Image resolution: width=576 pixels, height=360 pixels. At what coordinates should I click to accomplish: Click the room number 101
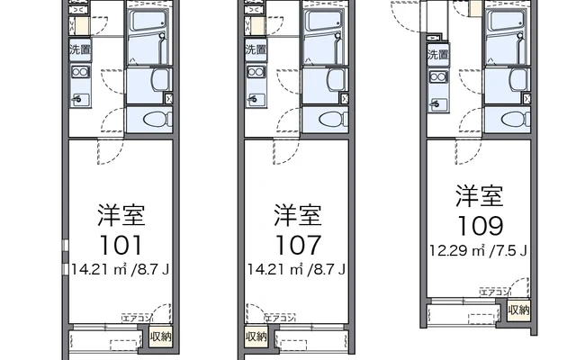[121, 246]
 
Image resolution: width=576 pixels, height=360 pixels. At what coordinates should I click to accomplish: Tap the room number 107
[298, 246]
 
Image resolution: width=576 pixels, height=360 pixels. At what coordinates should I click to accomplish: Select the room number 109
[481, 226]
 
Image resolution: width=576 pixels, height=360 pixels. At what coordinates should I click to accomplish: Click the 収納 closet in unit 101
[160, 337]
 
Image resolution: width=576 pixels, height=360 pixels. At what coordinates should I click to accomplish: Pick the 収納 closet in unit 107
[256, 337]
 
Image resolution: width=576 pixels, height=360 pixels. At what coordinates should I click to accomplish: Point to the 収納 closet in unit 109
[518, 310]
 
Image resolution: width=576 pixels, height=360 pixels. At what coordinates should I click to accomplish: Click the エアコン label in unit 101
[136, 318]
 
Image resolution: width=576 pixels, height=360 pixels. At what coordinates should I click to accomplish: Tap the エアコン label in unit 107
[280, 318]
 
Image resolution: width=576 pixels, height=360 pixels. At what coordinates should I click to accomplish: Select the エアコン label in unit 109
[495, 292]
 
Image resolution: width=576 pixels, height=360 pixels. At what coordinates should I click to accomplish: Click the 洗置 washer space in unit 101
[80, 49]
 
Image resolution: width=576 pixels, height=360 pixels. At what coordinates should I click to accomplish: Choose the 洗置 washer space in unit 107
[256, 49]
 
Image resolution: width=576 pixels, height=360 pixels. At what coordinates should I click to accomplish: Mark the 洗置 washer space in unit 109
[438, 55]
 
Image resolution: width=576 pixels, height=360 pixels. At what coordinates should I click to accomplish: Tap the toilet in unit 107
[334, 120]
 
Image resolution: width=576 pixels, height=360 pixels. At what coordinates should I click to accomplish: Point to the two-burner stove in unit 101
[80, 72]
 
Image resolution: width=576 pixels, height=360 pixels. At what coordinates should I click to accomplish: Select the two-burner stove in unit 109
[438, 77]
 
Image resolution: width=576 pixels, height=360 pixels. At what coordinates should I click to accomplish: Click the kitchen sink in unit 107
[256, 99]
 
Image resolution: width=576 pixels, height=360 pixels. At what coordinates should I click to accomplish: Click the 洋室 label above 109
[480, 196]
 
